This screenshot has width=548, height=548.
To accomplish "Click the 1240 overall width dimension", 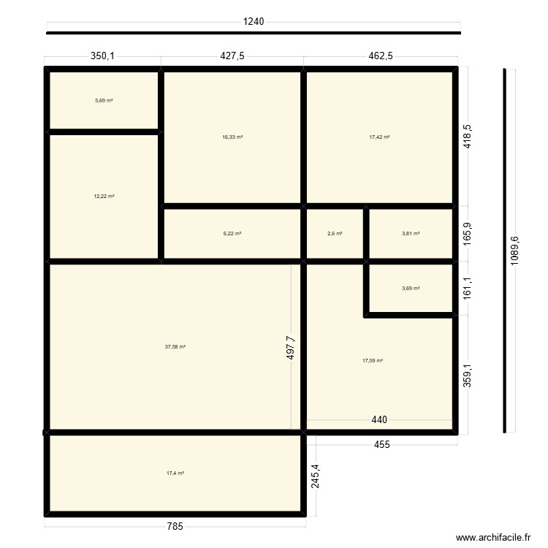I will [253, 21].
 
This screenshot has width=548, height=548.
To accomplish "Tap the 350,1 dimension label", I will [103, 56].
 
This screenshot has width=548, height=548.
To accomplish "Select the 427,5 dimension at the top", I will [232, 56].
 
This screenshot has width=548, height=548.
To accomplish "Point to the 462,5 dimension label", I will [381, 56].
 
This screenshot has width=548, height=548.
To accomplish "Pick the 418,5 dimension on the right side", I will [468, 136].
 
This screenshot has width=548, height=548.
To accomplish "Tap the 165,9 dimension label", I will [468, 234].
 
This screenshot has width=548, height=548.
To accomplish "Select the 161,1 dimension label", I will [468, 289].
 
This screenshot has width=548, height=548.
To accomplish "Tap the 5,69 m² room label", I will [104, 100].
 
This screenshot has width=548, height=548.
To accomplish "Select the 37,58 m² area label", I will [175, 347].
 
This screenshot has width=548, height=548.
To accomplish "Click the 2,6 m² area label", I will [335, 234].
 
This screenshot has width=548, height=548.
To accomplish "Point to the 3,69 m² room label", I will [411, 289].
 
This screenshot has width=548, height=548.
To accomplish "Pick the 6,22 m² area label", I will [232, 234].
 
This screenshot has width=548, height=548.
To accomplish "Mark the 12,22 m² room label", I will [104, 197].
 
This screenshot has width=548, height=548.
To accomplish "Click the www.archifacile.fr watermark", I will [493, 537].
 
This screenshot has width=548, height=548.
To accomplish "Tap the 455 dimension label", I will [381, 444].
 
